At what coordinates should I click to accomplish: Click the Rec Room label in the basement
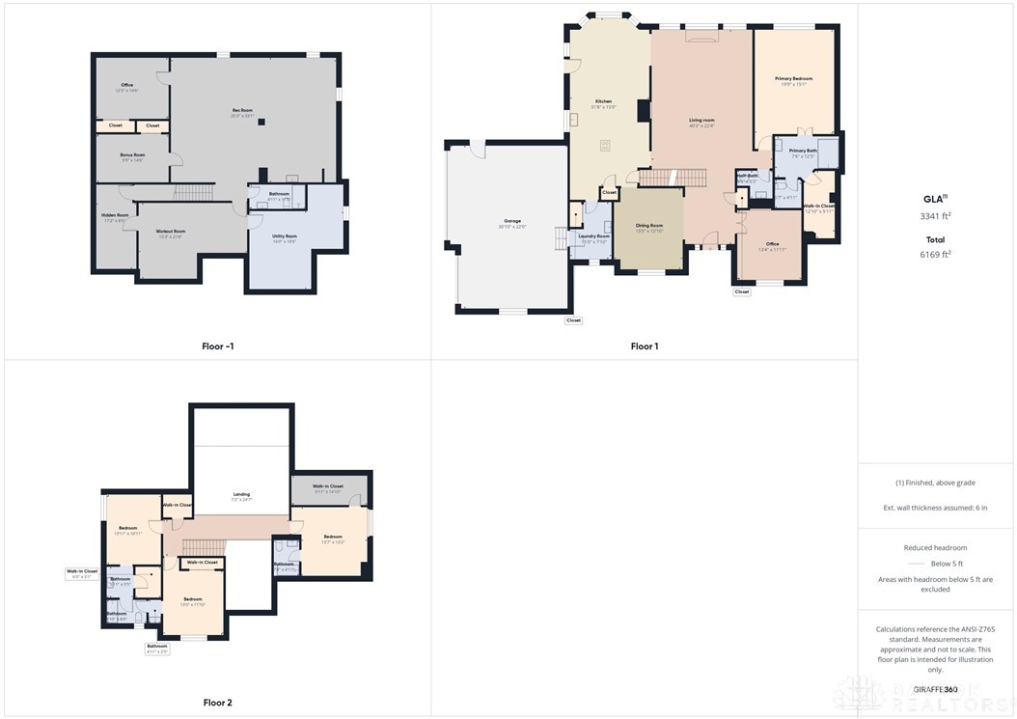[242, 110]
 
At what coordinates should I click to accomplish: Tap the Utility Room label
[285, 235]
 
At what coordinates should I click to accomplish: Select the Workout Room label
[171, 232]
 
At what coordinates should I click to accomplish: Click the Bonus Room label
[132, 154]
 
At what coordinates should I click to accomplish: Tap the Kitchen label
[603, 101]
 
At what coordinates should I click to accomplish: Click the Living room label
[701, 121]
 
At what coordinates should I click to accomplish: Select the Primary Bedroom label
[793, 78]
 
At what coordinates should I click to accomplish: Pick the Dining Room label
[648, 225]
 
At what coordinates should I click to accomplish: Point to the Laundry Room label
[593, 236]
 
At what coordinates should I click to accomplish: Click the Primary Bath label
[803, 151]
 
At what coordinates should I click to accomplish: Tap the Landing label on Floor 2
[242, 494]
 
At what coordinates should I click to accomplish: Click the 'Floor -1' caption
[218, 345]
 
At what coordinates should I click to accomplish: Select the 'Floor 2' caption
[218, 703]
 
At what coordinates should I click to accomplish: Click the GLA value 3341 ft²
[935, 216]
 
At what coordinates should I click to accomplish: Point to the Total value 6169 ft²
[935, 255]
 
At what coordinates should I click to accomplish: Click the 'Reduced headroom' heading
[935, 548]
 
